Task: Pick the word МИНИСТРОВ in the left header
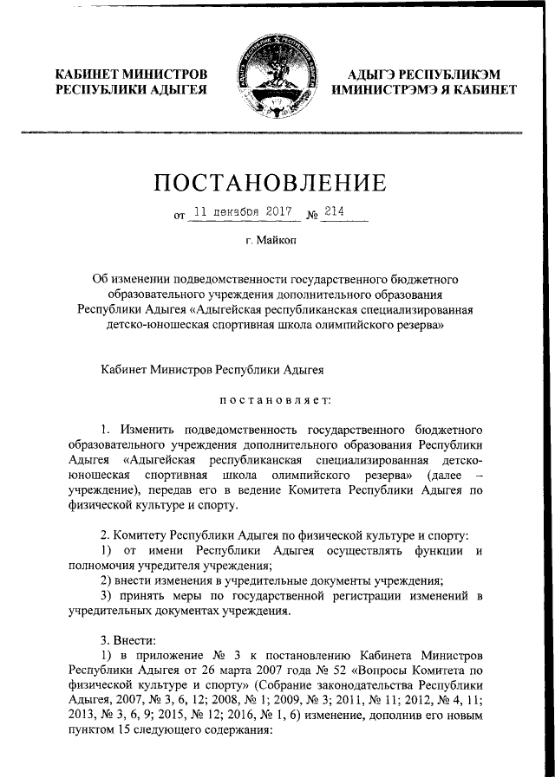(x=166, y=75)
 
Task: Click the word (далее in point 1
(x=440, y=476)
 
